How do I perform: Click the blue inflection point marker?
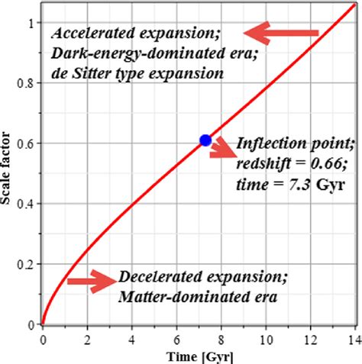click(x=205, y=140)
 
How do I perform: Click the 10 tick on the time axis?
click(x=267, y=339)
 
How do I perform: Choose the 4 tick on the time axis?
click(x=132, y=339)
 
